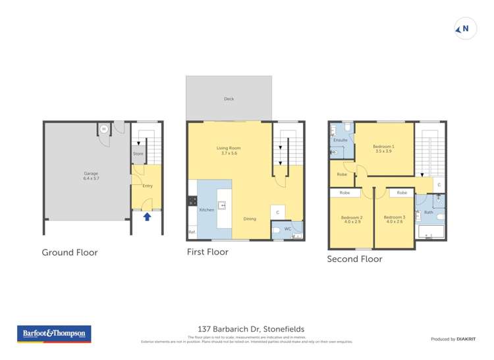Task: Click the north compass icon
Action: point(465,29)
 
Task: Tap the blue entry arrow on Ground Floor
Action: point(147,216)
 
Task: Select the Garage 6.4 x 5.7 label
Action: point(86,176)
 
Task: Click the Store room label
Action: point(138,154)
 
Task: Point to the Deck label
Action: point(229,99)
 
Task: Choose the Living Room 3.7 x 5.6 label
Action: point(228,150)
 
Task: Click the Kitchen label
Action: point(207,209)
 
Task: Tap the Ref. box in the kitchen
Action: point(192,232)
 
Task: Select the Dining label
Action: point(250,219)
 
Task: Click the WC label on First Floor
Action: point(287,228)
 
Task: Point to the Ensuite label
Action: point(341,140)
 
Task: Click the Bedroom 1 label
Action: point(383,148)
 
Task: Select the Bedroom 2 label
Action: point(352,219)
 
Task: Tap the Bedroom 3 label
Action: point(394,219)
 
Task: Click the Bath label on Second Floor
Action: point(428,212)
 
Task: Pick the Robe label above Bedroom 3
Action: point(402,193)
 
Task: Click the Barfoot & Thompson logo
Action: point(54,334)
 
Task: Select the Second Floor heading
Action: point(354,259)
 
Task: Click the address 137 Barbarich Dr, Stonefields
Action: point(251,329)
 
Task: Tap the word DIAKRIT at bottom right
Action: point(466,339)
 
